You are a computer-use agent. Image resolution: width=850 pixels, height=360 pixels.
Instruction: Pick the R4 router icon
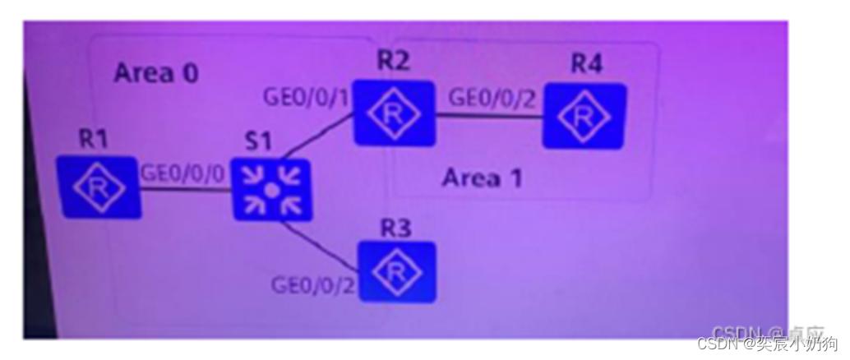point(584,116)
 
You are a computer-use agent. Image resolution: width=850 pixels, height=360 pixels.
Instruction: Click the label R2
point(393,61)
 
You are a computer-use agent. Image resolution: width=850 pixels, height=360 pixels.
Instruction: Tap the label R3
point(395,228)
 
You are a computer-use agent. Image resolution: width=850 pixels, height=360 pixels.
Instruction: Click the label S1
point(259,141)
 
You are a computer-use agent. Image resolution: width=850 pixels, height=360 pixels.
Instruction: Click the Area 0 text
point(156,73)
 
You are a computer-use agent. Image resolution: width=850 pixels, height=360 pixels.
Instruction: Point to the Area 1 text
point(482,178)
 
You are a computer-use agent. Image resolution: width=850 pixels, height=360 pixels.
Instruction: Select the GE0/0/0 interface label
point(182,173)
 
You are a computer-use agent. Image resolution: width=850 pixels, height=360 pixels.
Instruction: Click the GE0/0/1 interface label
point(306,97)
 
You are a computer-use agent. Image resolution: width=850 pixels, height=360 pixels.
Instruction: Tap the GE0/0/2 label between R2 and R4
point(492,98)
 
